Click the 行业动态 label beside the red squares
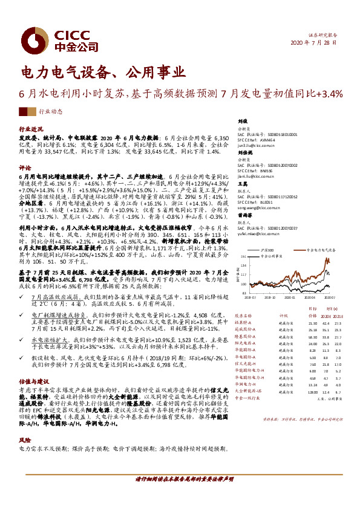pyautogui.click(x=50, y=112)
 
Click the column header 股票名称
pyautogui.click(x=247, y=315)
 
